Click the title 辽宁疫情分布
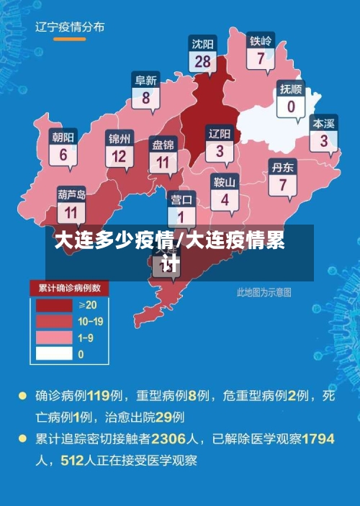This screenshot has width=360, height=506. point(70,27)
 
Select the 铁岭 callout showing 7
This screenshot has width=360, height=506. point(260,51)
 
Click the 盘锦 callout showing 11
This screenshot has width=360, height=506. point(162,154)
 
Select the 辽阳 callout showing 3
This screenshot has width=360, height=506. point(220,143)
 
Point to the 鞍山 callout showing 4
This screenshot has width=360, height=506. point(225,191)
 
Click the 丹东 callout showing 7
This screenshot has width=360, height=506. point(282,176)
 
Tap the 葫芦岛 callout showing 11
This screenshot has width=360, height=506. point(71,204)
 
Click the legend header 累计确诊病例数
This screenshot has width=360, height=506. point(69,288)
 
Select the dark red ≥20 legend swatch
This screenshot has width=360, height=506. point(54,305)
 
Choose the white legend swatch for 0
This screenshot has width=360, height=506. point(54,353)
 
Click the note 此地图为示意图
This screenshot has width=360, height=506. point(264,292)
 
